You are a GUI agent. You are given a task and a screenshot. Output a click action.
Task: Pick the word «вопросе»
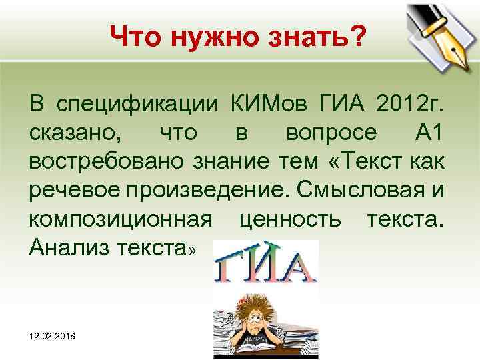click(x=331, y=133)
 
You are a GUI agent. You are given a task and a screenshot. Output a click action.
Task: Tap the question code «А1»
click(x=433, y=133)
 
